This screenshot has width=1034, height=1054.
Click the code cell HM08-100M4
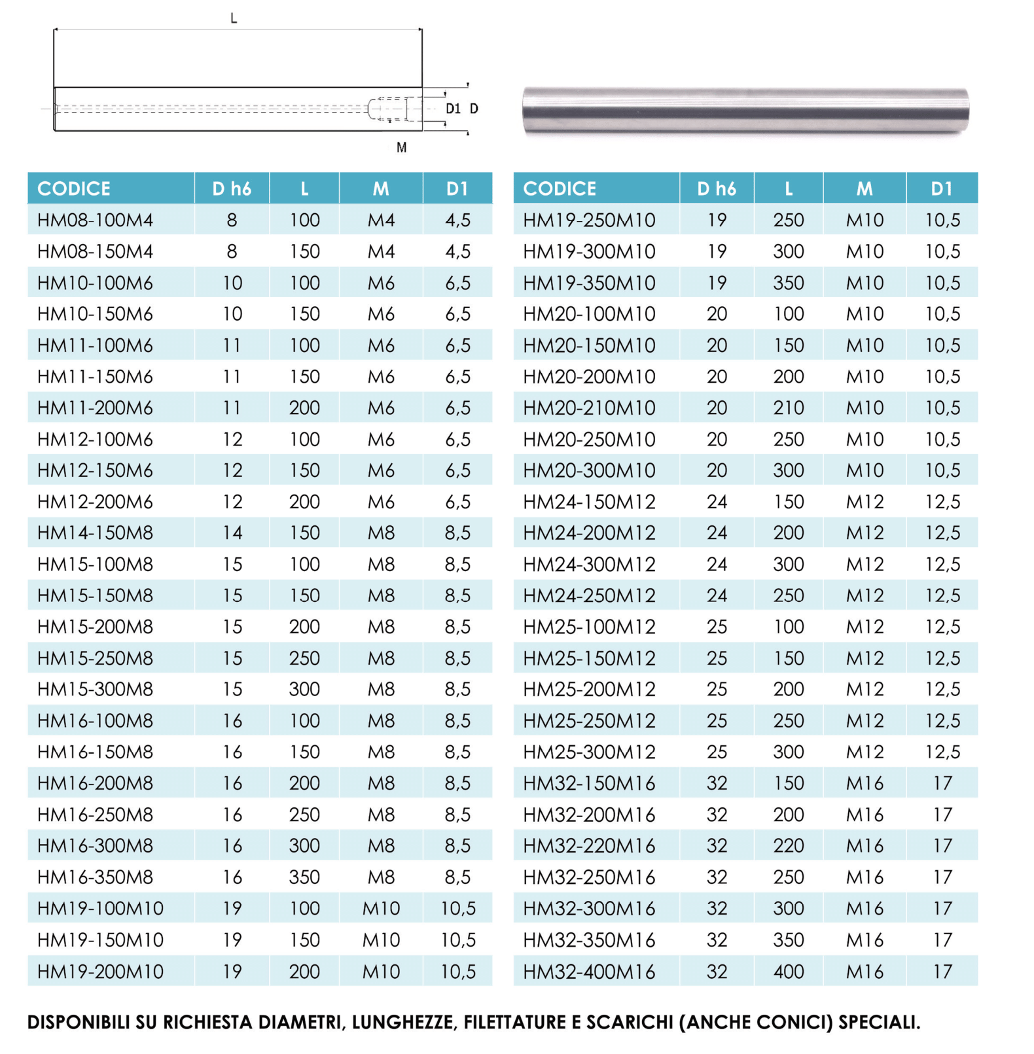[x=95, y=220]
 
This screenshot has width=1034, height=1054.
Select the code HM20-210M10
[x=588, y=408]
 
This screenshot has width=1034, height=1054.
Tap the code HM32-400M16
[x=588, y=972]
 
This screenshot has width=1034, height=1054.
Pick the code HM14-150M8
[x=95, y=533]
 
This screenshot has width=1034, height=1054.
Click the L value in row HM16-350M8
[x=304, y=877]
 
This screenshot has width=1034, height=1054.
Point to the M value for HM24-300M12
[x=864, y=564]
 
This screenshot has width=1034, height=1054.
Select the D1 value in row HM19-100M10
[x=457, y=908]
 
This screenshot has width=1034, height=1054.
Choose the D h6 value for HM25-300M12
[x=717, y=752]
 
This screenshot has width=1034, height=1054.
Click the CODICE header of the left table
[x=74, y=188]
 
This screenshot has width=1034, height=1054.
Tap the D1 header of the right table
[x=941, y=188]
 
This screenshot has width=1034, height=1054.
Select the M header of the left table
[x=381, y=188]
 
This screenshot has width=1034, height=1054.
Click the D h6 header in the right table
[x=717, y=188]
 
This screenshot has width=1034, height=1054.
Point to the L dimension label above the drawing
[x=234, y=18]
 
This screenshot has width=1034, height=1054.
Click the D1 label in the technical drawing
[x=453, y=109]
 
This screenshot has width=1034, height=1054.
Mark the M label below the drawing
[x=402, y=148]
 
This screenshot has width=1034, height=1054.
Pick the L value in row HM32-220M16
[x=788, y=846]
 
